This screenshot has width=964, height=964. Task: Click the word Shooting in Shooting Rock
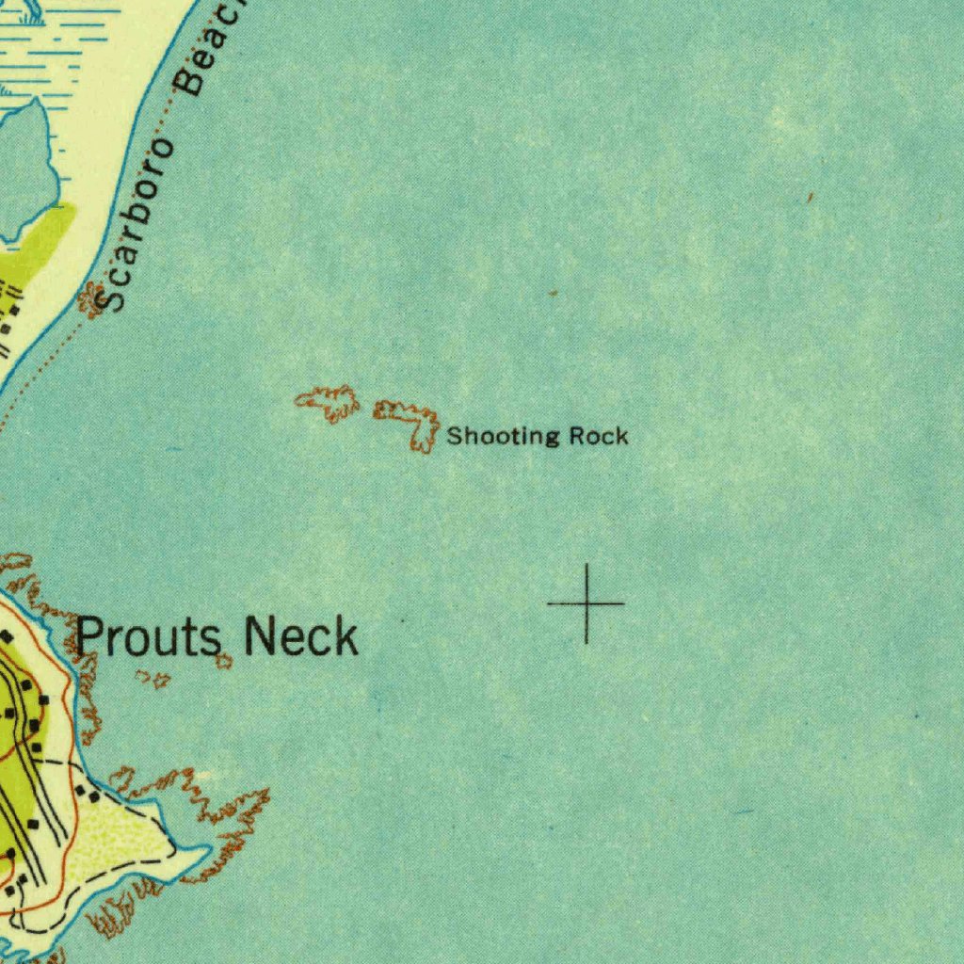(x=502, y=437)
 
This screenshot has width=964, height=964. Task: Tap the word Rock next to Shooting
(x=599, y=436)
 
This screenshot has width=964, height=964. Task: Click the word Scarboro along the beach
(x=137, y=226)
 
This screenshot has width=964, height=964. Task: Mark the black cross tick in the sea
(x=586, y=602)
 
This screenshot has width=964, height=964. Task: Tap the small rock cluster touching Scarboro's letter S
(x=91, y=299)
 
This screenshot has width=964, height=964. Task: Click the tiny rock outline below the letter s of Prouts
(x=223, y=662)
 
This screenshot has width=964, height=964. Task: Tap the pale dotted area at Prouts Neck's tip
(x=113, y=847)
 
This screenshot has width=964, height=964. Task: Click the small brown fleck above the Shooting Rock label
(x=554, y=294)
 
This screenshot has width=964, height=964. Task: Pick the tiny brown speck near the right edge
(x=809, y=197)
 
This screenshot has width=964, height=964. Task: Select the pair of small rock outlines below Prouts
(x=153, y=678)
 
